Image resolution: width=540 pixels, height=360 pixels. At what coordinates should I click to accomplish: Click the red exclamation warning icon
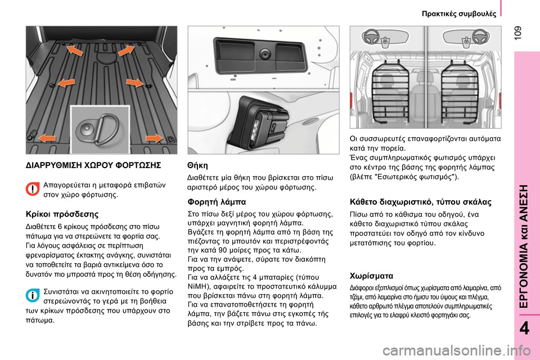[34, 190]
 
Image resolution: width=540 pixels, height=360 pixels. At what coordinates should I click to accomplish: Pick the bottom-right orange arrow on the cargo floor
[153, 138]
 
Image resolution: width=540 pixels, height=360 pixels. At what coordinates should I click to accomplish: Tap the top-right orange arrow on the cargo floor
[126, 52]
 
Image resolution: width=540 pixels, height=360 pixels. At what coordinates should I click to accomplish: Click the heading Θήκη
[197, 166]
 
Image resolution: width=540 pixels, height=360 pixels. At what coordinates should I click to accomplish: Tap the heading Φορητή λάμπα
[216, 201]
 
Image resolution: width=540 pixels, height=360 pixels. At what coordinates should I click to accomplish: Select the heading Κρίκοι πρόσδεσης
[62, 214]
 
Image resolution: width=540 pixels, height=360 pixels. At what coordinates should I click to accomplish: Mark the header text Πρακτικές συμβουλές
[459, 13]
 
